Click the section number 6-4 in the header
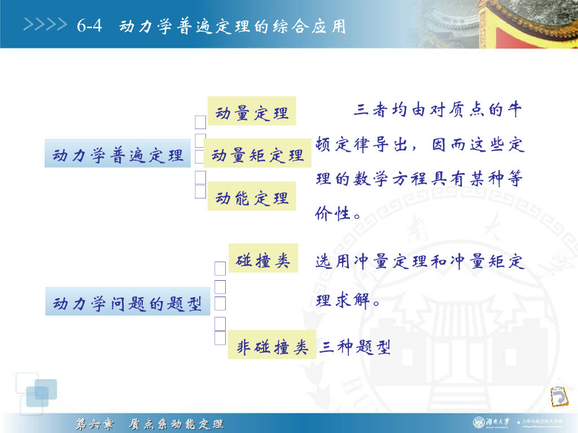coord(89,26)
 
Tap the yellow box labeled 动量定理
coord(252,112)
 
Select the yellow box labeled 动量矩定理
coord(257,154)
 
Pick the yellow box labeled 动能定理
coord(252,197)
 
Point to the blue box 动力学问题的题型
coord(128,303)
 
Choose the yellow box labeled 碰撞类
coord(263,260)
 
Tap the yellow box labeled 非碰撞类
coord(272,346)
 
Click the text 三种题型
coord(355,347)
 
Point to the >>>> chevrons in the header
coord(44,25)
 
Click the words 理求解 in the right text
coord(345,300)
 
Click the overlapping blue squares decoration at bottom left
coord(37,392)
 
